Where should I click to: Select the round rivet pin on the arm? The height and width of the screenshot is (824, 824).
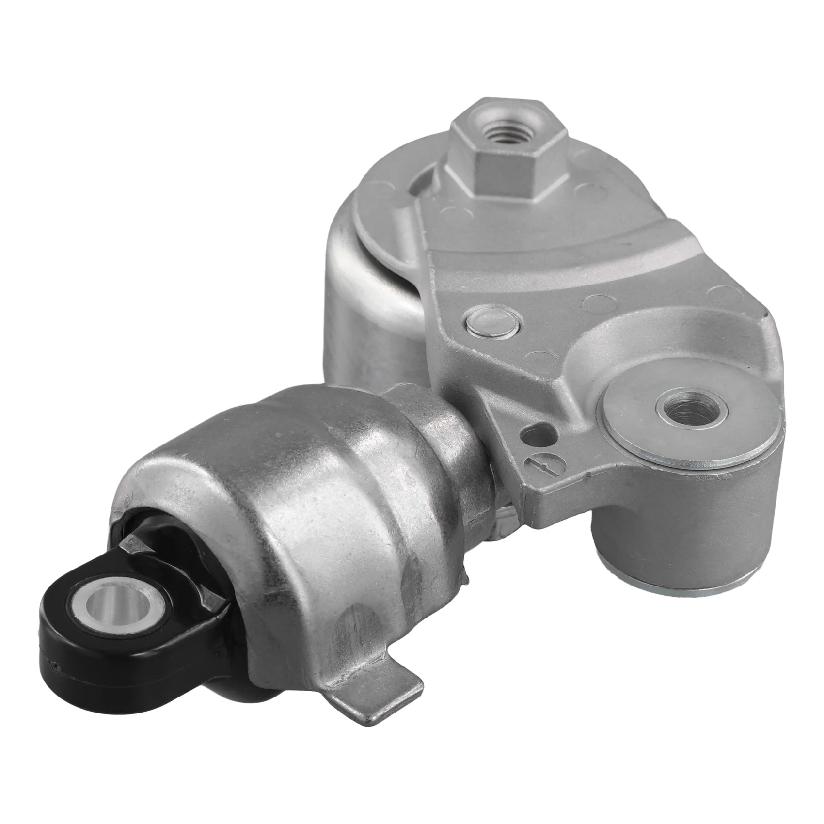click(x=492, y=320)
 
